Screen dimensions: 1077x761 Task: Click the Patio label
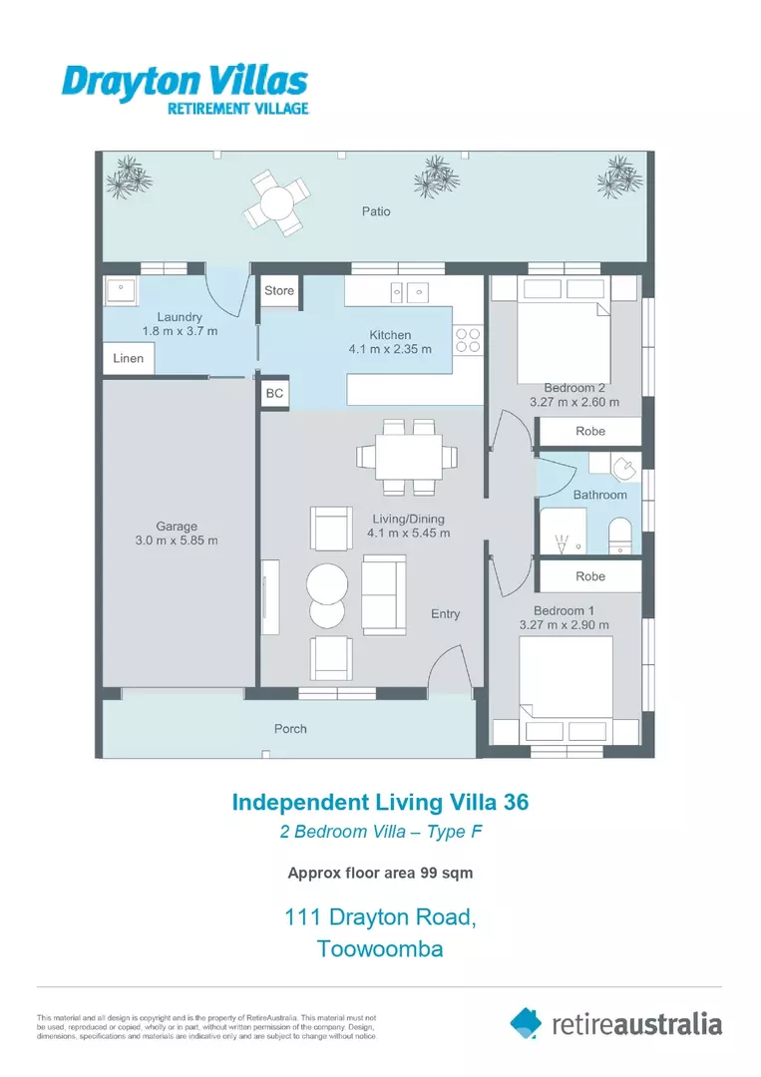tap(376, 211)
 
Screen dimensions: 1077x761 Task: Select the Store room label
tap(279, 290)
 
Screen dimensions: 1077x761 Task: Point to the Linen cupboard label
tap(129, 358)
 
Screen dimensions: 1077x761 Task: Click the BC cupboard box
tap(274, 394)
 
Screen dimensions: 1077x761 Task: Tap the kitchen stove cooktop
tap(468, 341)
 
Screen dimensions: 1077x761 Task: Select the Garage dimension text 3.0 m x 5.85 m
tap(177, 540)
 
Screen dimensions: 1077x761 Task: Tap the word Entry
tap(446, 614)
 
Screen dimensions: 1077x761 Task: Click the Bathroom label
tap(599, 495)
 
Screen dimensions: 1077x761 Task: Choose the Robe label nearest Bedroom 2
tap(590, 432)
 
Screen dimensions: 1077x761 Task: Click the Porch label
tap(290, 729)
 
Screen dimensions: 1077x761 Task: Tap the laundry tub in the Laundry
tap(121, 293)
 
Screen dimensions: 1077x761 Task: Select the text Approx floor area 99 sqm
tap(380, 873)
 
